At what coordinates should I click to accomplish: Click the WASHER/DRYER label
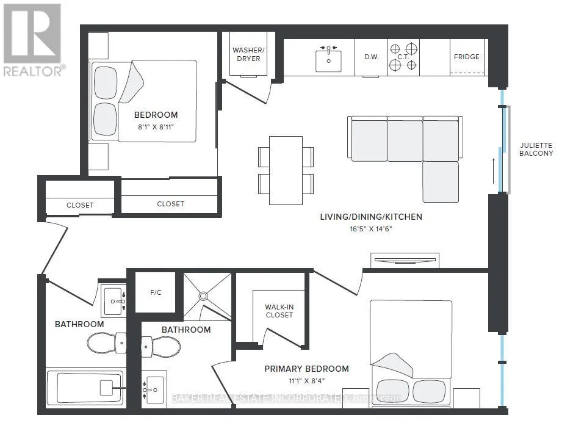(x=248, y=54)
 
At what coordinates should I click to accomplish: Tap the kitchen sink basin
(x=328, y=61)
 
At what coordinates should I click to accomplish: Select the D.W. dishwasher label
(x=371, y=57)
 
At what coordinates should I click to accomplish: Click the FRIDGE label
(x=467, y=57)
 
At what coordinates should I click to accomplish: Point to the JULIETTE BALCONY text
(x=536, y=149)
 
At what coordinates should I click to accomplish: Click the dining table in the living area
(x=286, y=170)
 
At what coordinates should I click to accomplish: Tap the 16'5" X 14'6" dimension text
(x=371, y=229)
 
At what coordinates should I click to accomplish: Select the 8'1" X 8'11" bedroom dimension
(x=156, y=127)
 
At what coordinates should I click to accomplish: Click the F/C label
(x=156, y=292)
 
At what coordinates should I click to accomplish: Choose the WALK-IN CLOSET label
(x=279, y=311)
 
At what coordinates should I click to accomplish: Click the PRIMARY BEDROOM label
(x=306, y=369)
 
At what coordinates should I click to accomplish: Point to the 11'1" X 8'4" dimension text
(x=306, y=381)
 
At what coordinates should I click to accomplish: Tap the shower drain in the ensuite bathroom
(x=203, y=296)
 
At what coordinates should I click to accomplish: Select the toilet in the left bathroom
(x=107, y=343)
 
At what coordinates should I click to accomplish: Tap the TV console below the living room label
(x=405, y=260)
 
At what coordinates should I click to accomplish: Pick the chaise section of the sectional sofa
(x=441, y=182)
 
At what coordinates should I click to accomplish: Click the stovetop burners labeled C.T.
(x=403, y=57)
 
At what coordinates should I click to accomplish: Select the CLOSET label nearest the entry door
(x=80, y=205)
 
